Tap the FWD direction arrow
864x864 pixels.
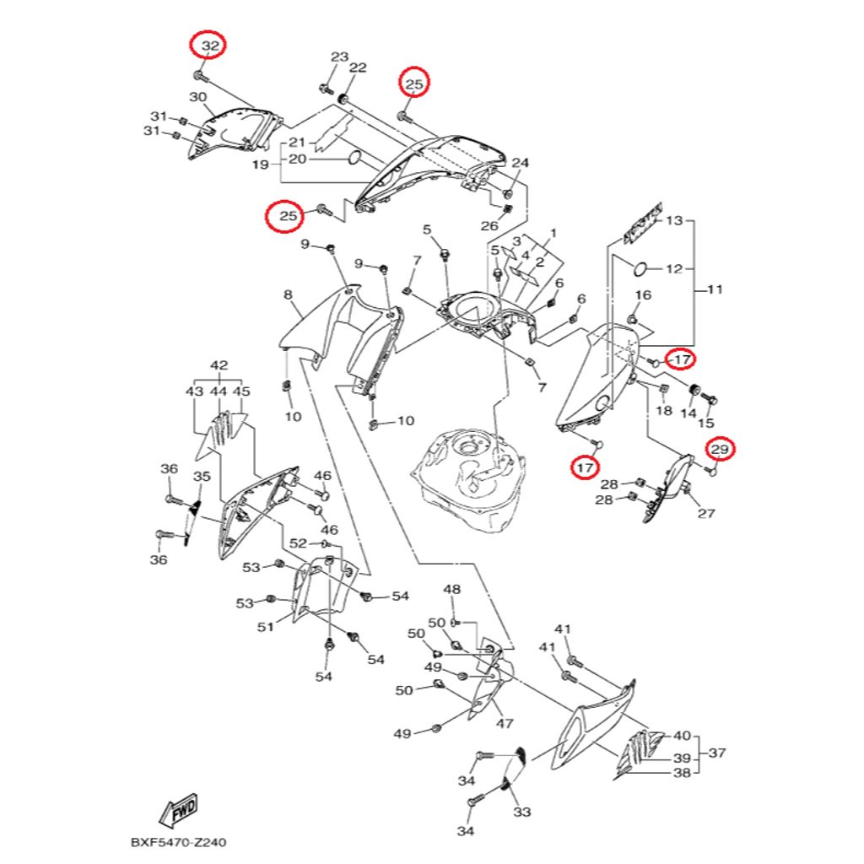pyautogui.click(x=179, y=811)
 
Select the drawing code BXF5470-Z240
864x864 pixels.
pyautogui.click(x=178, y=843)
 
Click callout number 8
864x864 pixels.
pyautogui.click(x=289, y=294)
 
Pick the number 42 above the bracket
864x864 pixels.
pyautogui.click(x=219, y=365)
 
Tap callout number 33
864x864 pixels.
pyautogui.click(x=521, y=812)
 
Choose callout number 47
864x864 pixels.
pyautogui.click(x=505, y=723)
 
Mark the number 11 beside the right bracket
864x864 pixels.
pyautogui.click(x=715, y=289)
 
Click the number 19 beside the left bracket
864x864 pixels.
pyautogui.click(x=261, y=165)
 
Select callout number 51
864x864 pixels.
pyautogui.click(x=266, y=627)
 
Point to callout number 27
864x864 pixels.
pyautogui.click(x=706, y=514)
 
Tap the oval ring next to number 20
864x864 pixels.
pyautogui.click(x=354, y=159)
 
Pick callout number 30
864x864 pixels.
pyautogui.click(x=197, y=98)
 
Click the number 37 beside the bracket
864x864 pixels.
pyautogui.click(x=717, y=753)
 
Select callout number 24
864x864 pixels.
pyautogui.click(x=520, y=163)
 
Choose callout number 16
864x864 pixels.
pyautogui.click(x=643, y=295)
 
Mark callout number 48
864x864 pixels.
pyautogui.click(x=452, y=590)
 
